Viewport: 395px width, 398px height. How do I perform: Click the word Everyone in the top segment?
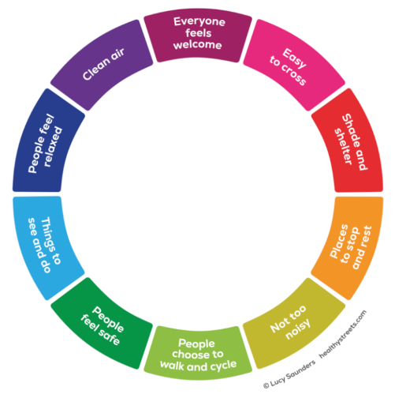click(199, 22)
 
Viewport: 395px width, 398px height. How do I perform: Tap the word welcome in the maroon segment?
click(198, 45)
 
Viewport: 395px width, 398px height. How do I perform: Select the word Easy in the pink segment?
click(295, 58)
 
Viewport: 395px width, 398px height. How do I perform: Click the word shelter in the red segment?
click(343, 146)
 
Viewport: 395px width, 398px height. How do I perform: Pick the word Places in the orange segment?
click(339, 241)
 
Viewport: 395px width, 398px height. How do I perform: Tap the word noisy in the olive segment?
click(298, 329)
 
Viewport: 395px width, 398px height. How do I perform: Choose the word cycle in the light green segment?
click(222, 365)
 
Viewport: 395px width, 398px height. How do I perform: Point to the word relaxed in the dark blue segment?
click(53, 147)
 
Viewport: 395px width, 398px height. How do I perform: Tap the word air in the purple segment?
click(117, 54)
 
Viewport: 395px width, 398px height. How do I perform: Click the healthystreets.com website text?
click(343, 335)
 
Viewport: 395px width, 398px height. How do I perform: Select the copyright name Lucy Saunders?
click(293, 374)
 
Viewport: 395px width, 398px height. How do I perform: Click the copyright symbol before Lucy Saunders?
click(266, 385)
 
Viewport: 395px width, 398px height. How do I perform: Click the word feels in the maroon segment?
click(199, 33)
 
